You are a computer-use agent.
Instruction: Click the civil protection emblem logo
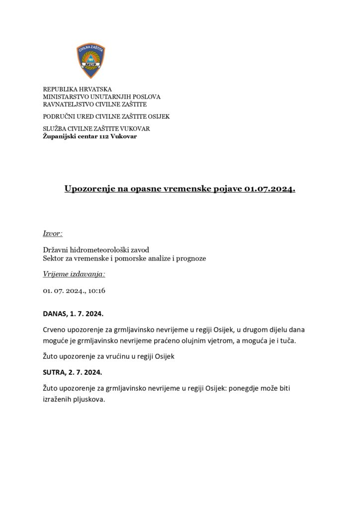[90, 61]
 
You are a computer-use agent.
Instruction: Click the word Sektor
[54, 258]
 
